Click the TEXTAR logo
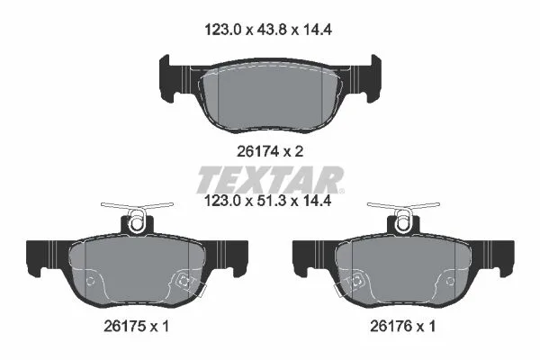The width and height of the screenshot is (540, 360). click(x=270, y=179)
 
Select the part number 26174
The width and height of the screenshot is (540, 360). click(x=258, y=151)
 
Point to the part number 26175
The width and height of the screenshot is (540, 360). click(x=125, y=326)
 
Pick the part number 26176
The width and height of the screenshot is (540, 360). click(x=391, y=326)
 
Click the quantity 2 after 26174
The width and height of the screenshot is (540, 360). click(x=300, y=151)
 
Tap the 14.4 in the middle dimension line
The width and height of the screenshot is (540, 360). click(x=317, y=201)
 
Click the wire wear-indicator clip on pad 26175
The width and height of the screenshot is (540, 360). click(x=137, y=214)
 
